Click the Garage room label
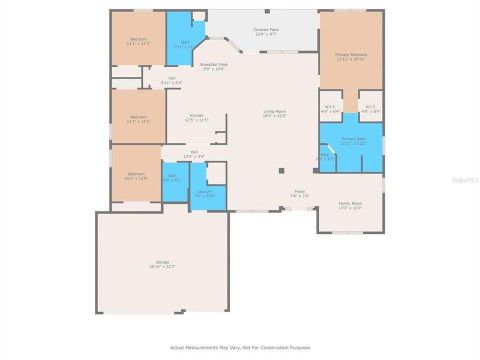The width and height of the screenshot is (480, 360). [162, 262]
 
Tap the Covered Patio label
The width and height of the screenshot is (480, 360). [265, 30]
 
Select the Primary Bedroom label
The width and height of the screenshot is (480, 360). [350, 55]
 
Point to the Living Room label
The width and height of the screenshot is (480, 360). [274, 111]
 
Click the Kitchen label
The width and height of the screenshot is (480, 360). [196, 115]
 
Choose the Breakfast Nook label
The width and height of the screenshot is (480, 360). [213, 64]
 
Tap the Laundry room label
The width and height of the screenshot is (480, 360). [204, 191]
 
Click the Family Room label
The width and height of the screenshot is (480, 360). [350, 203]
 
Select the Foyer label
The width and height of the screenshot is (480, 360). [299, 191]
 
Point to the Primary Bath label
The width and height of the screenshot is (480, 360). [353, 139]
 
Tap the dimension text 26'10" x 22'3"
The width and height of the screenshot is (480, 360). [162, 266]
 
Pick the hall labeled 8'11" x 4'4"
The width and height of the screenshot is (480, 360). [171, 80]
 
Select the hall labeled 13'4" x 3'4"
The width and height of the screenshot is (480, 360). [194, 154]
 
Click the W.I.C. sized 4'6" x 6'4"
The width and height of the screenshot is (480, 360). [330, 109]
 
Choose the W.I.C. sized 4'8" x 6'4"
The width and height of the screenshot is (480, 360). [371, 109]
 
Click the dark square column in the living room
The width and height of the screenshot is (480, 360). [281, 170]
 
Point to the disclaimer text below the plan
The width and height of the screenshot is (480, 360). [240, 347]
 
